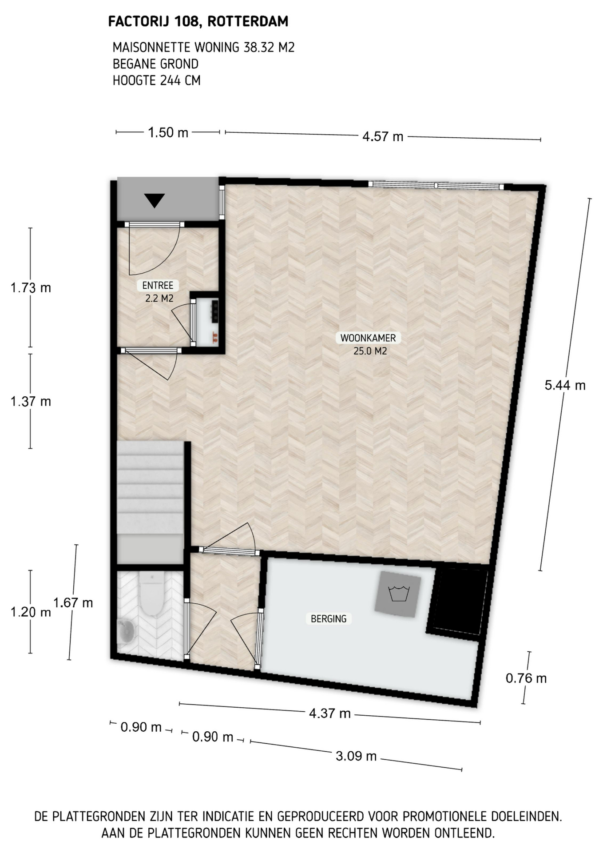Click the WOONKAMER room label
(368, 338)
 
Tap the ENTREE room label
(158, 286)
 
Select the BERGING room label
(329, 619)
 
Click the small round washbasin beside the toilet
(127, 631)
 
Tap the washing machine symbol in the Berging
(398, 594)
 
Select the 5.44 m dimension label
(565, 385)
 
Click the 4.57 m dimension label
(383, 136)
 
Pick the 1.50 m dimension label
(168, 132)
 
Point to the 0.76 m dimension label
(526, 678)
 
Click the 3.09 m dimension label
(356, 756)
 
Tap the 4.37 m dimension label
(330, 713)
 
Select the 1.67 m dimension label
(73, 603)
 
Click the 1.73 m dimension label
(31, 288)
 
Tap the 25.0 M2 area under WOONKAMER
(370, 351)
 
